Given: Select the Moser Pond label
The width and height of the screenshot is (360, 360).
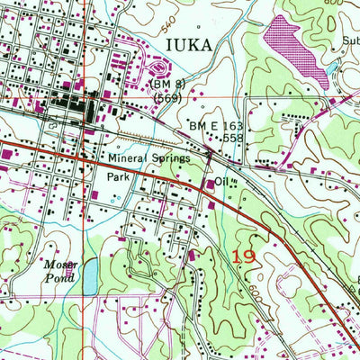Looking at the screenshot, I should click(64, 271).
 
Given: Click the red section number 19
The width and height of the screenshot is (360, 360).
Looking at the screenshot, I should click(242, 258).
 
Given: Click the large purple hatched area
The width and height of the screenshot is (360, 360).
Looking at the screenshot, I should click(297, 49).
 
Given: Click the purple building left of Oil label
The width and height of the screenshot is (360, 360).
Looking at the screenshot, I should click(211, 185).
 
